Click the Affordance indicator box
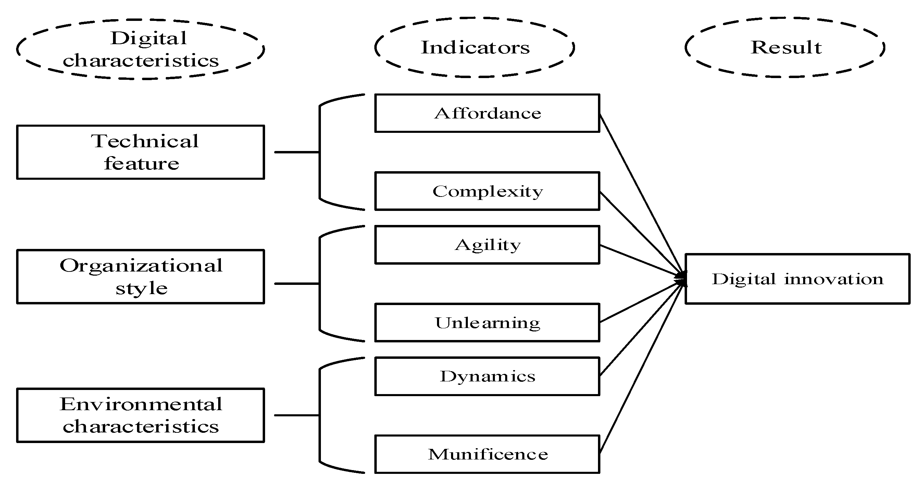click(487, 113)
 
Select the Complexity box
click(487, 191)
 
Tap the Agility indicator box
click(487, 245)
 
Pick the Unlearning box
click(487, 323)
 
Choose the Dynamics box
click(487, 376)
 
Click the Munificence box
click(487, 454)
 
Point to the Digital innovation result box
click(797, 279)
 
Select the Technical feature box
click(140, 152)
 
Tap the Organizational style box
click(140, 276)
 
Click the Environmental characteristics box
click(140, 415)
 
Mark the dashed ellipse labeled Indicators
click(475, 47)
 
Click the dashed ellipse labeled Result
click(785, 47)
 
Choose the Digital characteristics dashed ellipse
click(140, 49)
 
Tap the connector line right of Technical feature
click(297, 152)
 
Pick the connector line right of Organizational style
click(297, 283)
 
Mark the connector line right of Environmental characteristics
click(297, 415)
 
